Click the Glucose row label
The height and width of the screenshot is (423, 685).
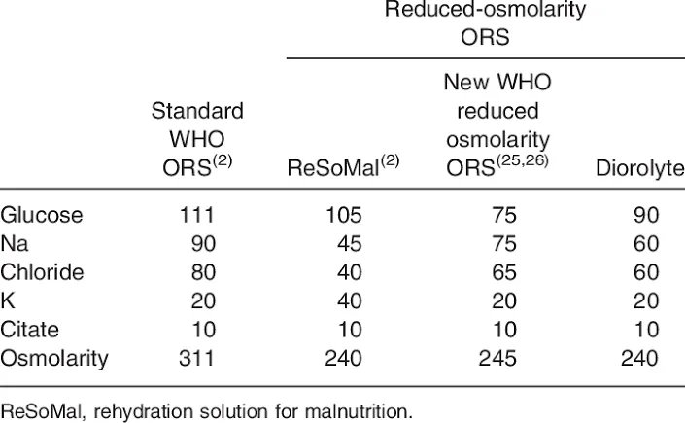click(x=42, y=215)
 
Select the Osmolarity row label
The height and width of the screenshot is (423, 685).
click(x=54, y=359)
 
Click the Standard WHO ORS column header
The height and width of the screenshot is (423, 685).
click(x=197, y=137)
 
